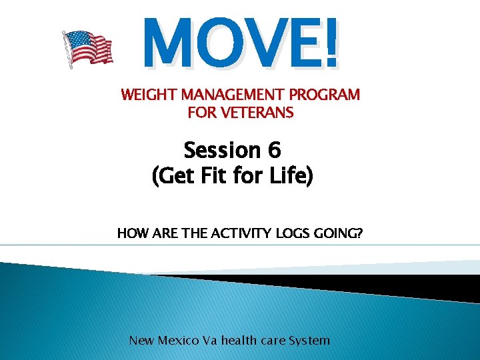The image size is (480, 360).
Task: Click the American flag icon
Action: click(87, 49)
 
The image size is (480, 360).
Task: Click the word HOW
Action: click(131, 233)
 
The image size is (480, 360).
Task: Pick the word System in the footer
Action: click(309, 341)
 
